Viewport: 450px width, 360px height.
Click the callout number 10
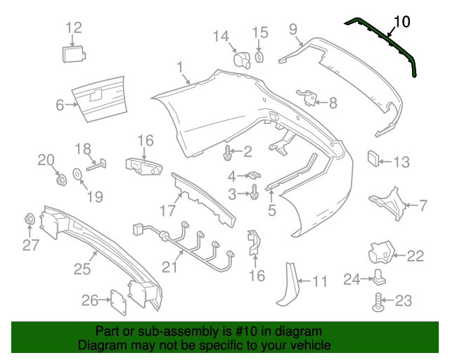[402, 22]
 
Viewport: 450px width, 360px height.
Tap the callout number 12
[74, 28]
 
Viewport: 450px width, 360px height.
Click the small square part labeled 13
[373, 159]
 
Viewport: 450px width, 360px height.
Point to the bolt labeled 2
[227, 153]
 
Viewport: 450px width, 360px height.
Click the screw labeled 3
[253, 193]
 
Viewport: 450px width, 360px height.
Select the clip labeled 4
[255, 174]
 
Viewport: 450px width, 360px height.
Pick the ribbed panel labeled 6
[100, 99]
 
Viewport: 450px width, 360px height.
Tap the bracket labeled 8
[307, 97]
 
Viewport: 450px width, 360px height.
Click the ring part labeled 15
[259, 57]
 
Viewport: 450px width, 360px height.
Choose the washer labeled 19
[77, 174]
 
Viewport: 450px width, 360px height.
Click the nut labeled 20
[60, 180]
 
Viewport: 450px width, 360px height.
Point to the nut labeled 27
[29, 219]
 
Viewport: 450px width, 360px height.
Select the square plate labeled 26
[119, 302]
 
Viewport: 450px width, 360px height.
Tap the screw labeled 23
[378, 302]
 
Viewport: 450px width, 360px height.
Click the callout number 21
[170, 266]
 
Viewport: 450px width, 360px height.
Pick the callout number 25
[82, 269]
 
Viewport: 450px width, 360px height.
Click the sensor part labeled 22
[381, 252]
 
